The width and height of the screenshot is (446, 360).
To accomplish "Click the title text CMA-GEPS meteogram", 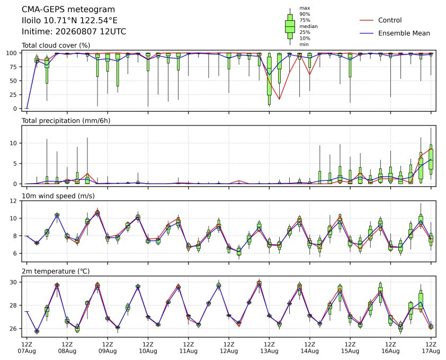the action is pyautogui.click(x=68, y=10).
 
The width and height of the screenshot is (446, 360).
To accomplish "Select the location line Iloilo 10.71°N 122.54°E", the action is pyautogui.click(x=70, y=21).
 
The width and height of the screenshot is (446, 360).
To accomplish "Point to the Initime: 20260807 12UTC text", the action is pyautogui.click(x=74, y=31).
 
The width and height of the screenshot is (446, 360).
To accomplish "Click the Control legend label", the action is pyautogui.click(x=390, y=20).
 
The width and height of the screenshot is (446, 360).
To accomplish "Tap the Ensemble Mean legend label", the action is pyautogui.click(x=404, y=33).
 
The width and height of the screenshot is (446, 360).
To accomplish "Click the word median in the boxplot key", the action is pyautogui.click(x=308, y=26).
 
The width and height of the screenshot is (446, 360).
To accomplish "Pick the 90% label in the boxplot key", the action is pyautogui.click(x=305, y=14).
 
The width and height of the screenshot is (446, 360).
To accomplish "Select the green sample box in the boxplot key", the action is pyautogui.click(x=290, y=26).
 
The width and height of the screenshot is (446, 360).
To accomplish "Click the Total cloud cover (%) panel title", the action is pyautogui.click(x=56, y=46).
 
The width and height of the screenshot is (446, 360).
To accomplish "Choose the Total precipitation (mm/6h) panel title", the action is pyautogui.click(x=66, y=121).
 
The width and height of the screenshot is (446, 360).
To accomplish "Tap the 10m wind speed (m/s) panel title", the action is pyautogui.click(x=58, y=196).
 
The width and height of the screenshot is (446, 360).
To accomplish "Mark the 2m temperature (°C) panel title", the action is pyautogui.click(x=56, y=271).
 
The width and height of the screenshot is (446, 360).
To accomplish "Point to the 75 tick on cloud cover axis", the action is pyautogui.click(x=13, y=67).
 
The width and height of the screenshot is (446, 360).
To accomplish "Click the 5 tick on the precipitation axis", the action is pyautogui.click(x=15, y=164).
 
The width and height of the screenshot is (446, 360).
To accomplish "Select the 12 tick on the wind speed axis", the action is pyautogui.click(x=13, y=201).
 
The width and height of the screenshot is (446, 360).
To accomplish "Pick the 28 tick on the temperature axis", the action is pyautogui.click(x=13, y=305).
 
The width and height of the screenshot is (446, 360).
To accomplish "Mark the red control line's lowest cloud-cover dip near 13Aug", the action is pyautogui.click(x=279, y=99).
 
